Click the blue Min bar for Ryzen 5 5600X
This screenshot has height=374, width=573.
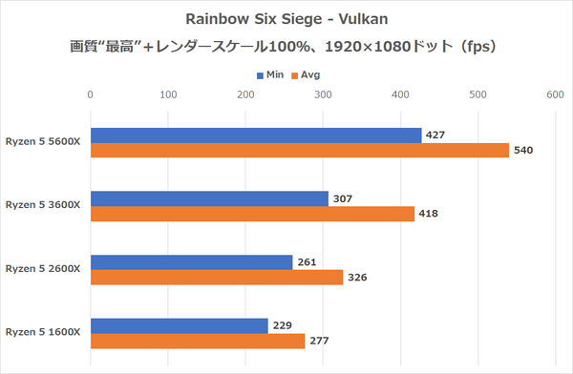(x=255, y=135)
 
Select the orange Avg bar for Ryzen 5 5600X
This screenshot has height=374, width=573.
(x=299, y=151)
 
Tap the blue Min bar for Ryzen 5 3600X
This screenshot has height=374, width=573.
(x=208, y=198)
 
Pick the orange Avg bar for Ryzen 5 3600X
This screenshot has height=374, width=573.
(x=251, y=214)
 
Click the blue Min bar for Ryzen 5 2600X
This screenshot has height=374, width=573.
(x=191, y=261)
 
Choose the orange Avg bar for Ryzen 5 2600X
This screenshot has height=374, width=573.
(x=216, y=278)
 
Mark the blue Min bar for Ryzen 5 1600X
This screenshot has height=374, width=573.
(x=179, y=325)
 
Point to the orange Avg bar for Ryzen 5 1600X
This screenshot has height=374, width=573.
(x=197, y=341)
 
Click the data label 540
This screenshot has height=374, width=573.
(x=522, y=151)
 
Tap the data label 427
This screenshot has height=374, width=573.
(x=435, y=135)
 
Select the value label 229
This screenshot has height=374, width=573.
(x=282, y=325)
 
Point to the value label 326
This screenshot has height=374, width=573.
(x=357, y=278)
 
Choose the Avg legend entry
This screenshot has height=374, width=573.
(x=308, y=73)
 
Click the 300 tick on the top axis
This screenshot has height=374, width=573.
(x=322, y=94)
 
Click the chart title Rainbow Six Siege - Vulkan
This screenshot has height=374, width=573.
(x=286, y=19)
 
